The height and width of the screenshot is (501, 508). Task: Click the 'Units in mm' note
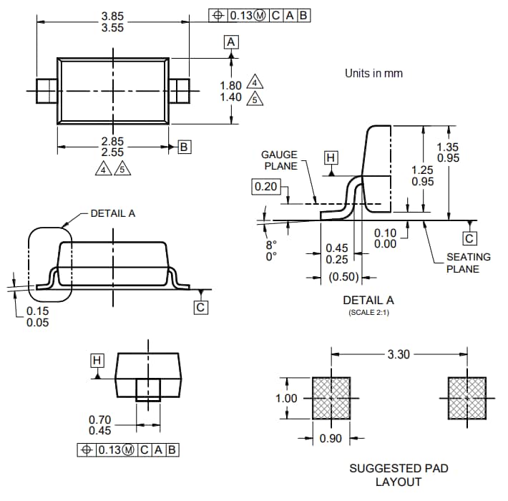[x=373, y=73]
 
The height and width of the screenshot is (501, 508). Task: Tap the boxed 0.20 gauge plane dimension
[x=265, y=187]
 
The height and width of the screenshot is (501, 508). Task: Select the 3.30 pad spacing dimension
[x=399, y=354]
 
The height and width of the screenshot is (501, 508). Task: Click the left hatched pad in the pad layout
[x=331, y=397]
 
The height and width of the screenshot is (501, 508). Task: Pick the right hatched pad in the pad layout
[x=467, y=397]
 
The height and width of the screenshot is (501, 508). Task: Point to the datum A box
[x=231, y=42]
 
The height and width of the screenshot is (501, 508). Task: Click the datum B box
[x=184, y=147]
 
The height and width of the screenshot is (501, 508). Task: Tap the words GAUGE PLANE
[x=279, y=160]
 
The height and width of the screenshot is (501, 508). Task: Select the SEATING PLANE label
[x=468, y=263]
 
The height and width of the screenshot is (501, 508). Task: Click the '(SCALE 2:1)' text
[x=368, y=313]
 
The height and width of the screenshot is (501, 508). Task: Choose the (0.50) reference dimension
[x=343, y=277]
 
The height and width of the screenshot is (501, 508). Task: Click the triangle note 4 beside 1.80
[x=255, y=84]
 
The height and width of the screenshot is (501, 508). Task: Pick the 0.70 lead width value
[x=99, y=419]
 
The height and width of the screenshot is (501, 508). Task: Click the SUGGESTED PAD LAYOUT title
[x=399, y=475]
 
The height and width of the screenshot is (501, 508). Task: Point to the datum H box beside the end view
[x=97, y=359]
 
